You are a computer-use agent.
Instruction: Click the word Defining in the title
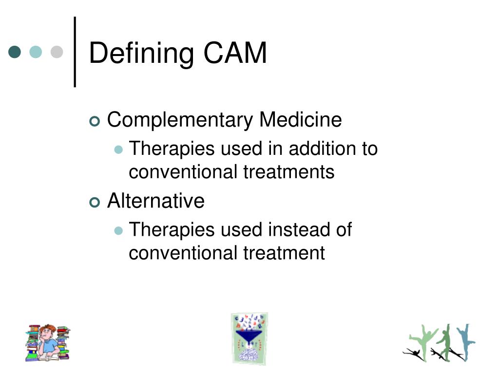coord(141,53)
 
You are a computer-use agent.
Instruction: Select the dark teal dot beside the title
coord(15,52)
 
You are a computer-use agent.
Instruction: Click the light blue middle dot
coord(36,52)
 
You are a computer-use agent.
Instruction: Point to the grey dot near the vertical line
coord(57,52)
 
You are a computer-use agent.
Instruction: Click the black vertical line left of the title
coord(75,52)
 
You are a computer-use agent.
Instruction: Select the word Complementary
coord(180,120)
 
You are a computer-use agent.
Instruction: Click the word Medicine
coord(300,119)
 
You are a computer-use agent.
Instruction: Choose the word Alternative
coord(156,201)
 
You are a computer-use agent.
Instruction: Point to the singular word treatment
coord(285,253)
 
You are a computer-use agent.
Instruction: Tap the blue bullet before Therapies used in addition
coord(118,150)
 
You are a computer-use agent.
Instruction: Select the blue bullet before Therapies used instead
coord(118,231)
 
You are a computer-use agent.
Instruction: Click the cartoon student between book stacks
coord(47,342)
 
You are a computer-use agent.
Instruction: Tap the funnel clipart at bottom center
coord(249,338)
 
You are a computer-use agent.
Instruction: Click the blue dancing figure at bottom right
coord(465,341)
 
